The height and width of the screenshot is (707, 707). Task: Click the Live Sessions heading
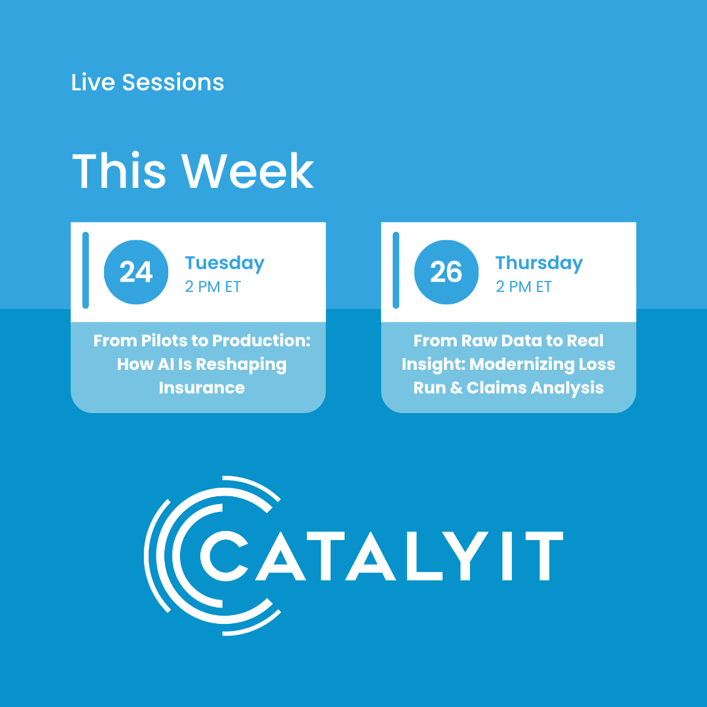(147, 83)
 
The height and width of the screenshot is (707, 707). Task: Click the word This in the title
(118, 172)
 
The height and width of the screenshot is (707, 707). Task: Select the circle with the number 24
(136, 272)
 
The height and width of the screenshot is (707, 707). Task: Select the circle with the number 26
(446, 272)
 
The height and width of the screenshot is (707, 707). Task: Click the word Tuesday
(225, 263)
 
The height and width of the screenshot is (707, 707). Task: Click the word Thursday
(539, 263)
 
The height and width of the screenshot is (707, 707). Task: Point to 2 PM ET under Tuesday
(213, 287)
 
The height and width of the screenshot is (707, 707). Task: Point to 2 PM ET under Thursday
(523, 287)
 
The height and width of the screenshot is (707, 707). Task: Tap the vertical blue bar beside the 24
(85, 270)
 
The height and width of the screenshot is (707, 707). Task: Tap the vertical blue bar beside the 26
(395, 270)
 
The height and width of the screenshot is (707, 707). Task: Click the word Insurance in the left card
(202, 388)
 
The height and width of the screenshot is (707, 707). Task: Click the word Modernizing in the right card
(522, 365)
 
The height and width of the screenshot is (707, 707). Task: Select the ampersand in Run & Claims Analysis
(456, 388)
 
